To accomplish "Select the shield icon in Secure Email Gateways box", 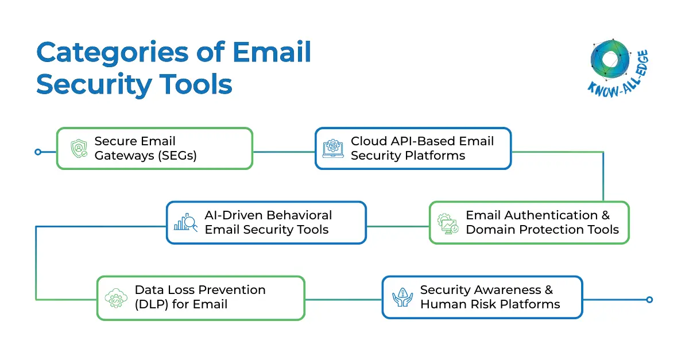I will pyautogui.click(x=79, y=148).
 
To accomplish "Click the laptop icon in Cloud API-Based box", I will pyautogui.click(x=333, y=148).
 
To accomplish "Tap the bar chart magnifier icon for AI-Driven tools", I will pyautogui.click(x=185, y=222).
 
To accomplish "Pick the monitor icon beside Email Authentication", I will pyautogui.click(x=448, y=223).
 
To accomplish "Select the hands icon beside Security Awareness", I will pyautogui.click(x=402, y=297).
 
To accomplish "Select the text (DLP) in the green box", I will pyautogui.click(x=152, y=304).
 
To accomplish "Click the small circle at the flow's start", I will pyautogui.click(x=38, y=152).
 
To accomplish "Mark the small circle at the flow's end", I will pyautogui.click(x=649, y=299).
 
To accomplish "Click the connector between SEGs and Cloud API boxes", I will pyautogui.click(x=284, y=152).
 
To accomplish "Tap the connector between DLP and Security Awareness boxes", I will pyautogui.click(x=343, y=299).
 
